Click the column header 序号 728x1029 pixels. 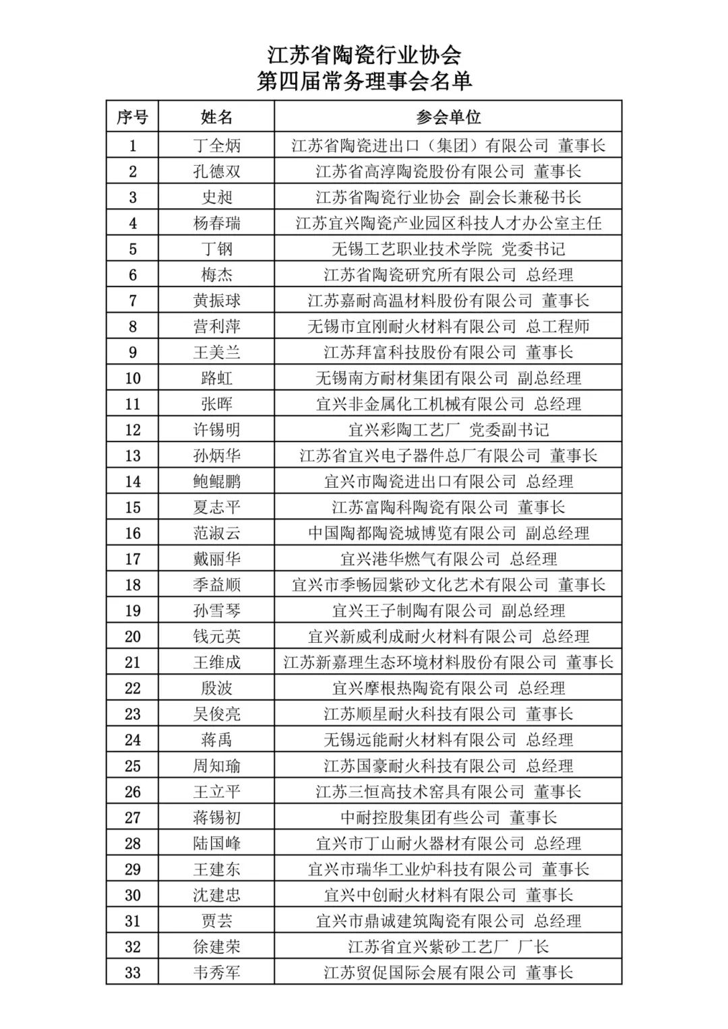[x=132, y=117]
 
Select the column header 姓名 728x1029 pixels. [x=216, y=117]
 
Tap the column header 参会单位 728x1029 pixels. [x=448, y=117]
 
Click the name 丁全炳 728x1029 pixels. [x=216, y=146]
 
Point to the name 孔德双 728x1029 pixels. [x=216, y=171]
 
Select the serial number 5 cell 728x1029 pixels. [x=132, y=249]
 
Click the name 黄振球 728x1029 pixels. [x=216, y=301]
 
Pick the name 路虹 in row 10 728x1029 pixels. [x=216, y=378]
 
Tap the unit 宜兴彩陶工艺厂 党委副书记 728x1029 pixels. [x=448, y=430]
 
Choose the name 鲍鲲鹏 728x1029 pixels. [x=216, y=481]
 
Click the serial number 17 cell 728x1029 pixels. [x=132, y=559]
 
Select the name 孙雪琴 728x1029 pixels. [x=216, y=611]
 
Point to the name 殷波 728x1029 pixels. [x=216, y=688]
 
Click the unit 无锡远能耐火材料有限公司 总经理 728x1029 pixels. [x=448, y=740]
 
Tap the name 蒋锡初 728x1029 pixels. [x=216, y=817]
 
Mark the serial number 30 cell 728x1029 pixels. [x=132, y=895]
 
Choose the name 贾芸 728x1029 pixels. [x=216, y=921]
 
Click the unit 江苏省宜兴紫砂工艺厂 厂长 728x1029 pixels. [x=448, y=947]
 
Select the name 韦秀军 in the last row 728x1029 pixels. [x=216, y=972]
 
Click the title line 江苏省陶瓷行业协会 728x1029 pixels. [x=364, y=55]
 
